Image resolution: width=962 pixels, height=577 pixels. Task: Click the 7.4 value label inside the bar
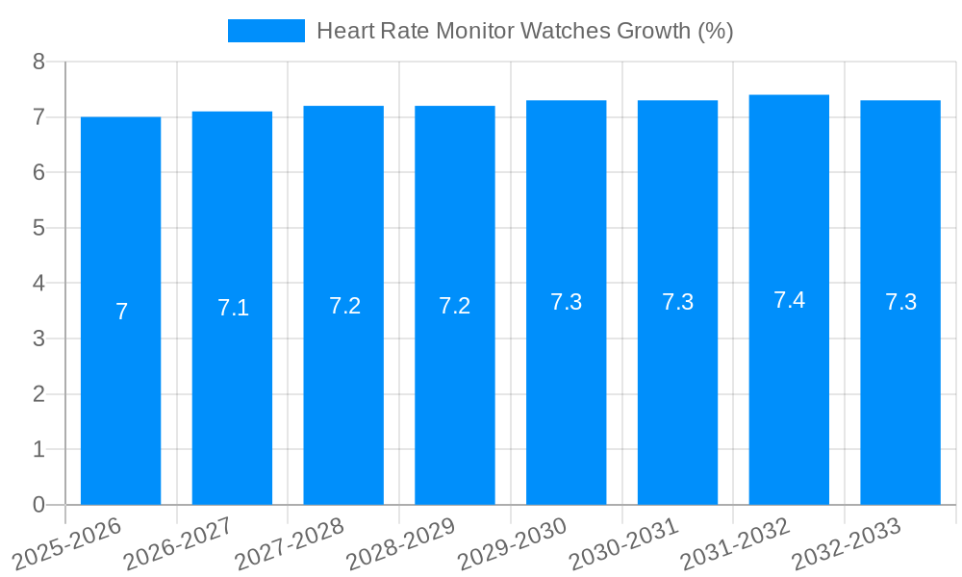[789, 300]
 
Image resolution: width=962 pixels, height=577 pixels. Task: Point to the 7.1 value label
[233, 308]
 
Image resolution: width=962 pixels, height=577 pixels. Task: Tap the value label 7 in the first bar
[121, 312]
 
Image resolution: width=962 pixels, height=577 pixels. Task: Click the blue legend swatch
[266, 31]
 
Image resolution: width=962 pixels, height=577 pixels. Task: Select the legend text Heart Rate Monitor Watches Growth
[524, 31]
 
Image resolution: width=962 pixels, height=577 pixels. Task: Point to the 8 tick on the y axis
[38, 62]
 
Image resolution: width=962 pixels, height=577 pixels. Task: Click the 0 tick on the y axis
[38, 505]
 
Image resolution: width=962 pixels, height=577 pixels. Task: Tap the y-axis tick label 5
[38, 228]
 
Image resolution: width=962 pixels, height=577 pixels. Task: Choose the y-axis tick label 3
[38, 339]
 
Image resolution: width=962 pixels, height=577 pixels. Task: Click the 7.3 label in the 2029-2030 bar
[566, 302]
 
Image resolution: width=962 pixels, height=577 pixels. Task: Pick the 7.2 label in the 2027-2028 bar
[344, 306]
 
